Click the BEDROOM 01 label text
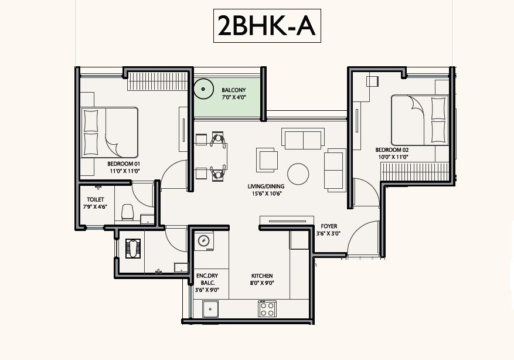pos(124,164)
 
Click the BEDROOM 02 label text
pos(392,150)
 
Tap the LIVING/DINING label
pos(267,187)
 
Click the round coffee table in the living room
pos(298,174)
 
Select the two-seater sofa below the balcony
pos(302,138)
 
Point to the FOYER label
pos(329,226)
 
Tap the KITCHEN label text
pos(262,276)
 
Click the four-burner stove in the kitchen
pos(267,308)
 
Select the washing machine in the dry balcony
pos(203,240)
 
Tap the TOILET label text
pos(96,199)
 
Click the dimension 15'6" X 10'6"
pos(267,194)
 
